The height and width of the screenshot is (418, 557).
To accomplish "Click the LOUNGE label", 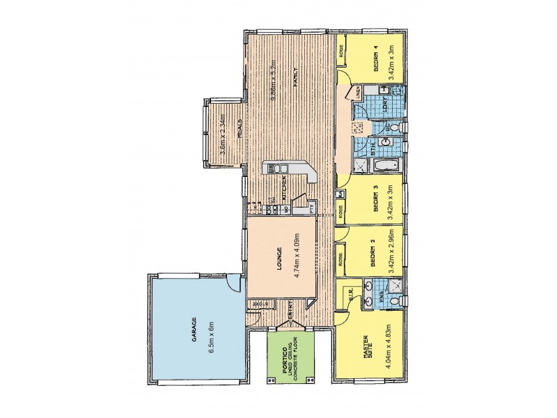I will [276, 265].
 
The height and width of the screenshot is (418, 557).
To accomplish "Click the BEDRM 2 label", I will [373, 256].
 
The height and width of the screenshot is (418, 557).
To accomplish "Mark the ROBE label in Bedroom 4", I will [341, 51].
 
